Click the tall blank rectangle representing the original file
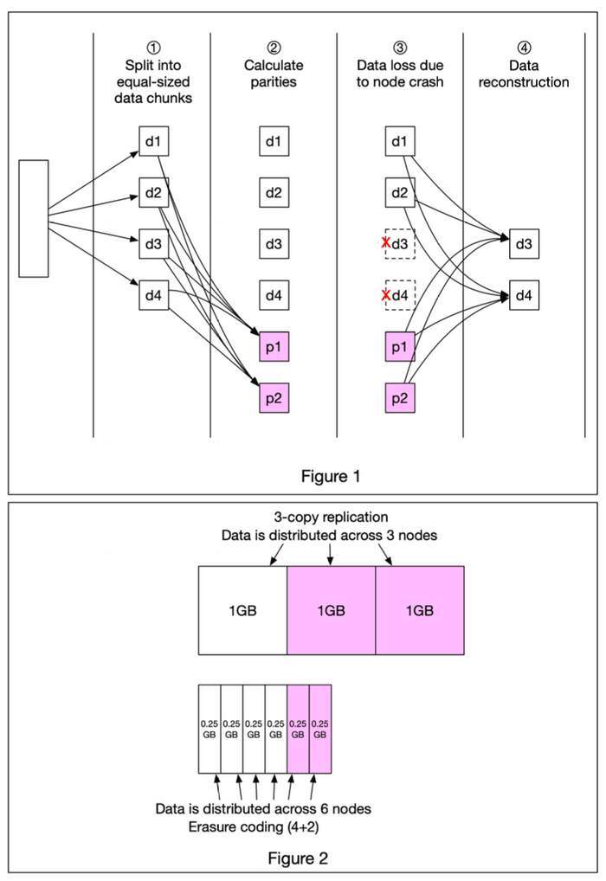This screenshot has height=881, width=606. (x=34, y=218)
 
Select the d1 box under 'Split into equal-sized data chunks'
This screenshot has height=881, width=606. (x=152, y=140)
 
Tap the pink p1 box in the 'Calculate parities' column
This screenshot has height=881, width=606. (x=274, y=348)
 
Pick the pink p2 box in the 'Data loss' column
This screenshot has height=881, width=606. (x=399, y=398)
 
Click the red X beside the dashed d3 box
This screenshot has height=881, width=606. (x=385, y=245)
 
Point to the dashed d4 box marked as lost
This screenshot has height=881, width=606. (x=400, y=297)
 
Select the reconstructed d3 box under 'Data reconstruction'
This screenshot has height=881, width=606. (x=524, y=245)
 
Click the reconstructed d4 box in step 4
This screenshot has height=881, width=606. (x=524, y=297)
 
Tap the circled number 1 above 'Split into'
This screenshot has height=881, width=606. (x=151, y=48)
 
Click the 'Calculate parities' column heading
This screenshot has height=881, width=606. (x=274, y=74)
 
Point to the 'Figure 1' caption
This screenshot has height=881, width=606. (x=330, y=475)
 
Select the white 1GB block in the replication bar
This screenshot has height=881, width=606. (x=242, y=610)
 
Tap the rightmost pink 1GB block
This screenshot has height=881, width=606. (x=420, y=610)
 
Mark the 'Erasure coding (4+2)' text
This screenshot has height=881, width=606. (x=265, y=826)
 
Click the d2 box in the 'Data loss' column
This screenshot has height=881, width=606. (x=399, y=192)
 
